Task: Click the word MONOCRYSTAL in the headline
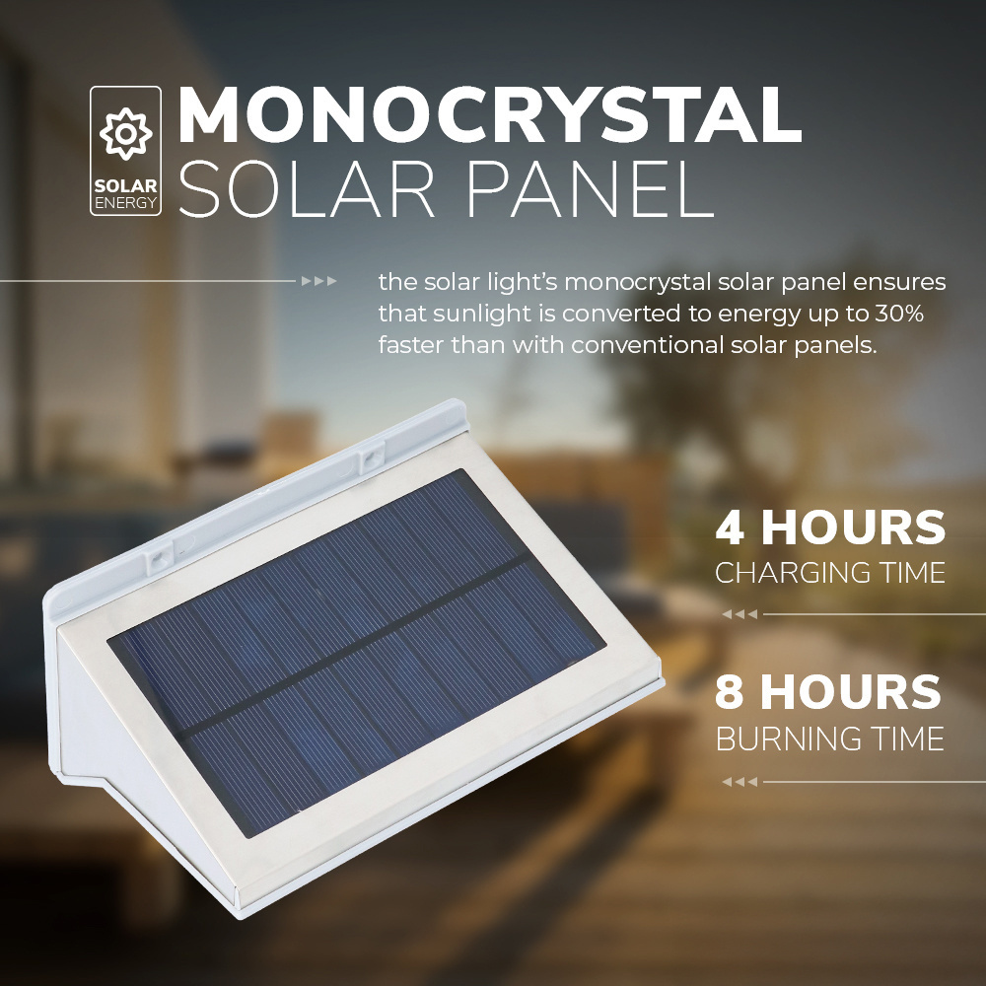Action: click(x=490, y=114)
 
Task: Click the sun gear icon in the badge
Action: click(x=126, y=133)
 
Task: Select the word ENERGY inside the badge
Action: click(x=126, y=202)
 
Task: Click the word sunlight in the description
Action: click(x=485, y=314)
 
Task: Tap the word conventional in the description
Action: click(x=647, y=344)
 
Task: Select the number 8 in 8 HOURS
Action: click(x=730, y=692)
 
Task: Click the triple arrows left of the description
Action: click(x=318, y=281)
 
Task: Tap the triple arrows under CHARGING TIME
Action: click(x=739, y=614)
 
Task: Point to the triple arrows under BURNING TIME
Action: click(x=739, y=782)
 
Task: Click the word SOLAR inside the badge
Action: click(x=126, y=186)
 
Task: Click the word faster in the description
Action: click(x=411, y=344)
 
